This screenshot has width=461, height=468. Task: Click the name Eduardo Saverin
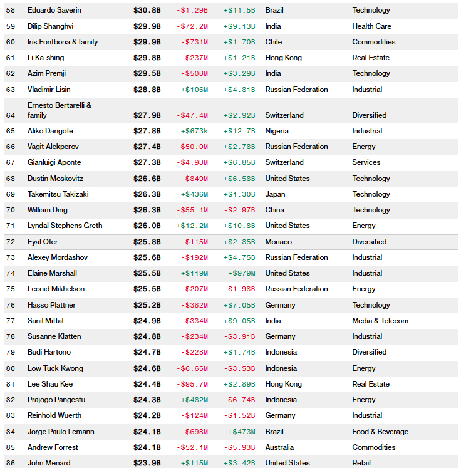click(x=54, y=10)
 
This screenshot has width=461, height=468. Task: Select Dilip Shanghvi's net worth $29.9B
click(x=147, y=26)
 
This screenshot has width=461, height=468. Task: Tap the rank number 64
click(x=10, y=115)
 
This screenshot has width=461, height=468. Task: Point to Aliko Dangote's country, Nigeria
click(x=277, y=131)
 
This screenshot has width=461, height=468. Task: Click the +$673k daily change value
click(x=194, y=131)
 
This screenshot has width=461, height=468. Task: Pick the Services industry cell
click(x=366, y=162)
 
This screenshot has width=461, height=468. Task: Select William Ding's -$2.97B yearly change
click(x=239, y=210)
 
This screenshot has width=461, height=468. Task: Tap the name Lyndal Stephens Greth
click(x=65, y=226)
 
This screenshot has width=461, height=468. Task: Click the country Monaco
click(x=278, y=242)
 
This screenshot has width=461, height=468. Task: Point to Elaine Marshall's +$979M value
click(x=242, y=273)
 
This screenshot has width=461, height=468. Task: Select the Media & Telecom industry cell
click(x=380, y=321)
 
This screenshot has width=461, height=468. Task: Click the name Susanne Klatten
click(x=54, y=336)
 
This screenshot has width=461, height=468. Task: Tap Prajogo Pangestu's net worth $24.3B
click(x=147, y=400)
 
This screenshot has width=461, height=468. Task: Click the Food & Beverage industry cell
click(x=380, y=432)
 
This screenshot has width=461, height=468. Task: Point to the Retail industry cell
click(x=361, y=463)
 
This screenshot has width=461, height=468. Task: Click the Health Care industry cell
click(x=371, y=26)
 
